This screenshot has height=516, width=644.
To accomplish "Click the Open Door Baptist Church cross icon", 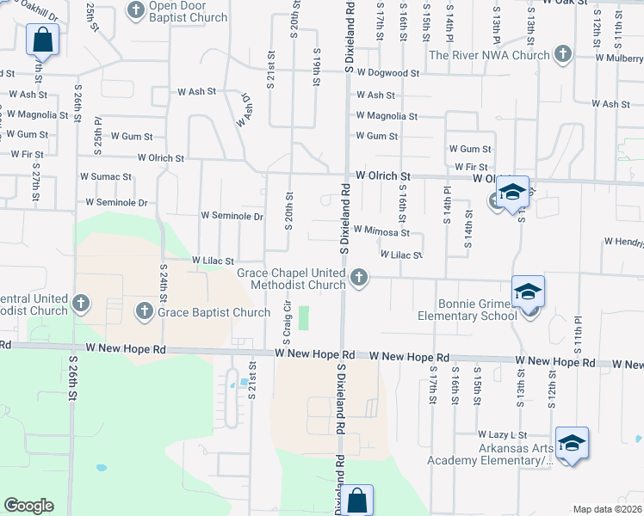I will (137, 10).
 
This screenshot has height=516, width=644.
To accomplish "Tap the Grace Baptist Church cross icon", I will (145, 310).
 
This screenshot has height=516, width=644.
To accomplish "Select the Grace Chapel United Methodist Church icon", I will (358, 278).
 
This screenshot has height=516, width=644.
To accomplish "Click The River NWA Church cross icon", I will (562, 55).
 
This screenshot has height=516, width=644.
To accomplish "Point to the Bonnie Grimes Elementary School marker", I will (528, 292).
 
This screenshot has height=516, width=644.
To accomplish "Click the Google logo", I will (28, 506).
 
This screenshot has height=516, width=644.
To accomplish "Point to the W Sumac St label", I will (102, 176).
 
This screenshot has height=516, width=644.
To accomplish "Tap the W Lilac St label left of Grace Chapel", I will (213, 260).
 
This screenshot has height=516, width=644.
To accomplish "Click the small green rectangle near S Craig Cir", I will (302, 318).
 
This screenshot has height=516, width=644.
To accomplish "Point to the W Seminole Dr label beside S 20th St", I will (232, 216).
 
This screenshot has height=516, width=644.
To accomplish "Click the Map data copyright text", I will (607, 509).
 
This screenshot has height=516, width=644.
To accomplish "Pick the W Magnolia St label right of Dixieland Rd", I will (387, 115).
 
